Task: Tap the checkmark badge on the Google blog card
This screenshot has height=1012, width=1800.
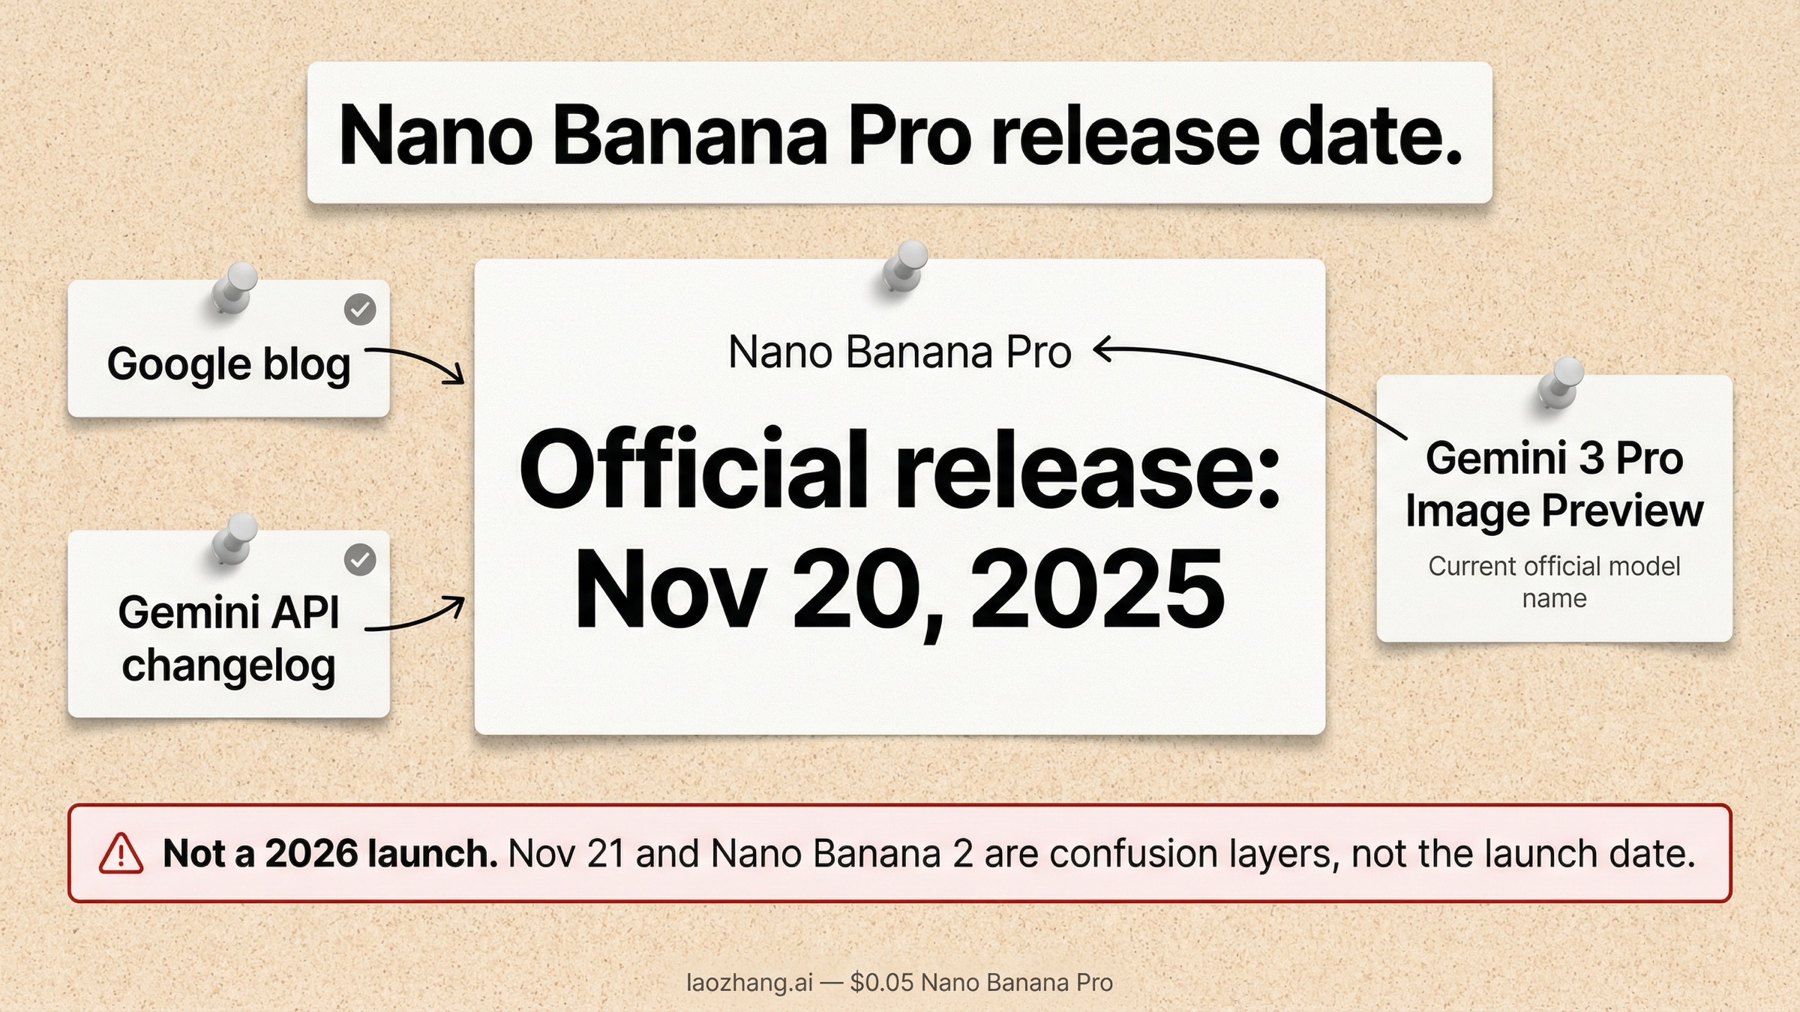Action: click(360, 309)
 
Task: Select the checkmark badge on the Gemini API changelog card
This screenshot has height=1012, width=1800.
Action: click(360, 559)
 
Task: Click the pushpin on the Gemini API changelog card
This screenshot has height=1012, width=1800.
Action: click(233, 537)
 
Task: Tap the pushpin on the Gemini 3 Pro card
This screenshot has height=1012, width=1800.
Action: click(1560, 382)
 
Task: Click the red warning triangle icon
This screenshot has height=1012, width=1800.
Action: click(121, 855)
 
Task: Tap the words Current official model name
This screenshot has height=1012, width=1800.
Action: click(1553, 582)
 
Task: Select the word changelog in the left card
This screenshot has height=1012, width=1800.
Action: click(229, 666)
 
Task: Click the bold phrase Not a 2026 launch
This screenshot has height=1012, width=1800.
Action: click(330, 854)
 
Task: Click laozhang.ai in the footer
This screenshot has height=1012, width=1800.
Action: click(749, 983)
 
